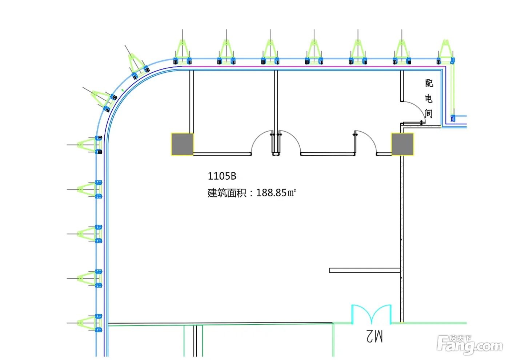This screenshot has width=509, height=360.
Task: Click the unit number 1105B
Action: click(222, 176)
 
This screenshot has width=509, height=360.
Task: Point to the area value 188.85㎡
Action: click(276, 193)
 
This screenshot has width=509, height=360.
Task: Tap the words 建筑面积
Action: click(227, 193)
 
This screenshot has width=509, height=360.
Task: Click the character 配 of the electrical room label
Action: click(429, 83)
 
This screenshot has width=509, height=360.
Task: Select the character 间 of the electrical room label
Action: click(429, 113)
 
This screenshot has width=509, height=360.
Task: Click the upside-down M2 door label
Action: click(374, 337)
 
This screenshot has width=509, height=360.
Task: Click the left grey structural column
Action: click(182, 144)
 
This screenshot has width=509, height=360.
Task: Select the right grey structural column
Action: click(402, 144)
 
